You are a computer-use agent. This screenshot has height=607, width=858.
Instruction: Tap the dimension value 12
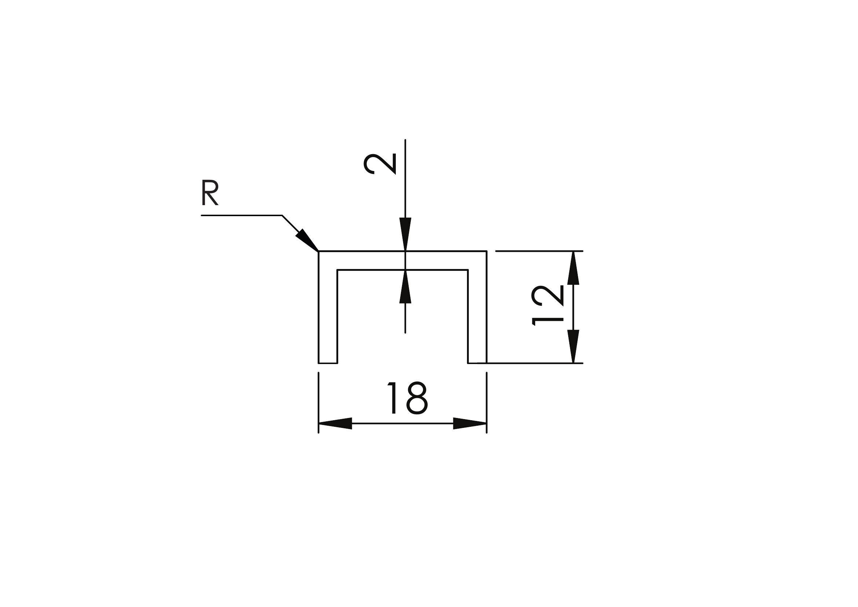pos(547,305)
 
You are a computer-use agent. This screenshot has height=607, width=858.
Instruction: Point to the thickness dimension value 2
pos(380,164)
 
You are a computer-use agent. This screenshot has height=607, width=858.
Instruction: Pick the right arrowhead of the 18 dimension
pos(470,424)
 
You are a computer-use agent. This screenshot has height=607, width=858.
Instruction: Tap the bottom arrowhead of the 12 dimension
pos(573,346)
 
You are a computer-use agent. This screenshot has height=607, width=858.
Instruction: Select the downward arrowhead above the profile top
pos(405,234)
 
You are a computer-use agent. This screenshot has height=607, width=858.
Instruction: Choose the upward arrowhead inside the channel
pos(405,287)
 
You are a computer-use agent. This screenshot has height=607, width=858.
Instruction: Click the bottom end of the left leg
pos(328,363)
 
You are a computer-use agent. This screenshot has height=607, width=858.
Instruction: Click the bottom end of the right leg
pos(477,363)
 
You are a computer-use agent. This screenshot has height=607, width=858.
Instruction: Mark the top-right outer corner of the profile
pos(486,251)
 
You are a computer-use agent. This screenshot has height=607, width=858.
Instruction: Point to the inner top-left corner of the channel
pos(337,270)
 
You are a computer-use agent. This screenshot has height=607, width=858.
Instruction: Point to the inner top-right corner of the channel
pos(468,270)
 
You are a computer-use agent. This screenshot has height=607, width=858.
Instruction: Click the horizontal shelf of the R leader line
pos(241,215)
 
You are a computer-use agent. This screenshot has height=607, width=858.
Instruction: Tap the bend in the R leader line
pos(282,216)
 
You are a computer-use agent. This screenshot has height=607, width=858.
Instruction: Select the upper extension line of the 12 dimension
pos(539,251)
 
